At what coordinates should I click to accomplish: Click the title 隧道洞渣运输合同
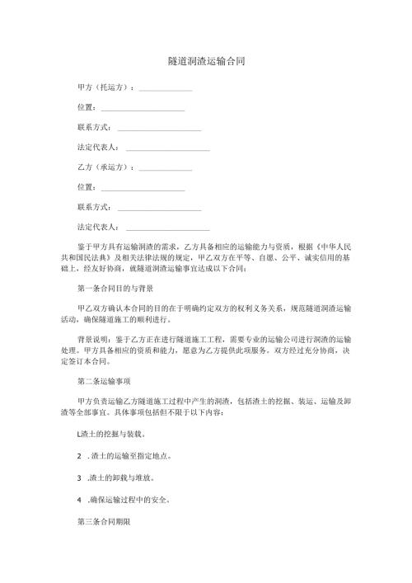coord(206,61)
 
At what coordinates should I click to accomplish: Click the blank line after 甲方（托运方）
coord(166,89)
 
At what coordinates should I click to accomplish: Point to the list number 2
coord(77,455)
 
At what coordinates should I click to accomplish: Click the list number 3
coord(77,477)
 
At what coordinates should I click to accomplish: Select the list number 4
coord(77,500)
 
